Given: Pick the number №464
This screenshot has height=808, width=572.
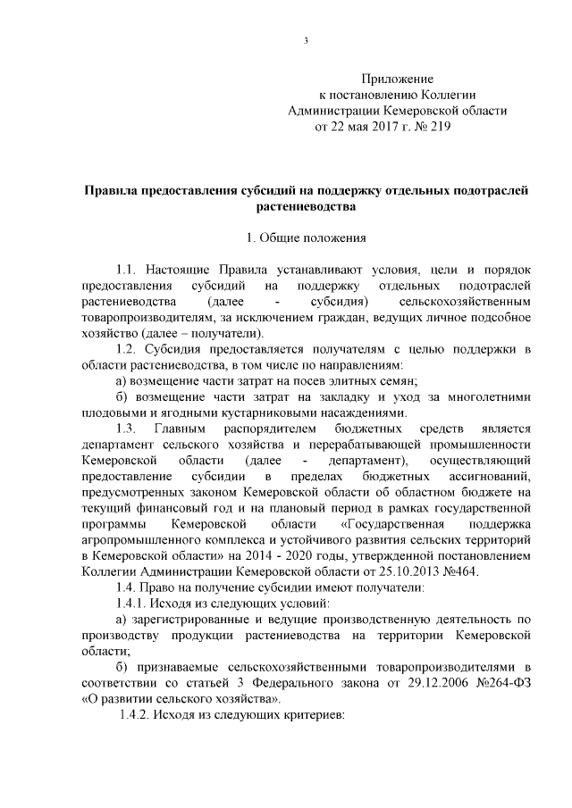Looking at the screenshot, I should point(458,571).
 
